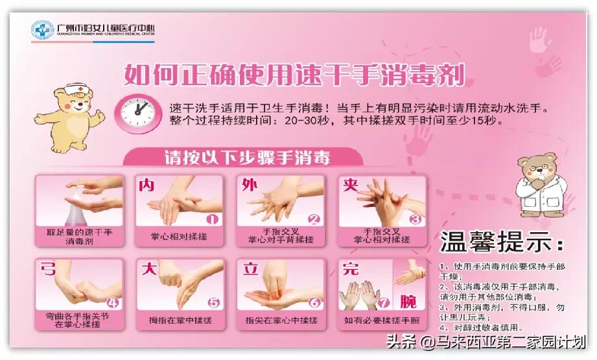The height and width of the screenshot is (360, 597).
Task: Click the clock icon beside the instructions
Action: click(x=137, y=111)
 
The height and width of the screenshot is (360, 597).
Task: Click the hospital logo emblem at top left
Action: click(x=43, y=30)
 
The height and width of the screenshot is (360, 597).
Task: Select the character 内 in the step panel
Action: click(x=146, y=186)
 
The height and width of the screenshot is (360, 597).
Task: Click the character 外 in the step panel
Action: click(x=250, y=186)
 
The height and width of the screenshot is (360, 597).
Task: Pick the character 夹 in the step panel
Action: click(x=351, y=186)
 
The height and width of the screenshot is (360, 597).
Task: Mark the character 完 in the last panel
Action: click(x=351, y=269)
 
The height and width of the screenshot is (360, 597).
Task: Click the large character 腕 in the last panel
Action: click(x=408, y=302)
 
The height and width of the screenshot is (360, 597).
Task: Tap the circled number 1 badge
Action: click(x=212, y=219)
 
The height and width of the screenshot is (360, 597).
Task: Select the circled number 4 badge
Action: click(x=112, y=302)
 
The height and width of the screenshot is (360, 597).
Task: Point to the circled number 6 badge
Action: click(x=314, y=302)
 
